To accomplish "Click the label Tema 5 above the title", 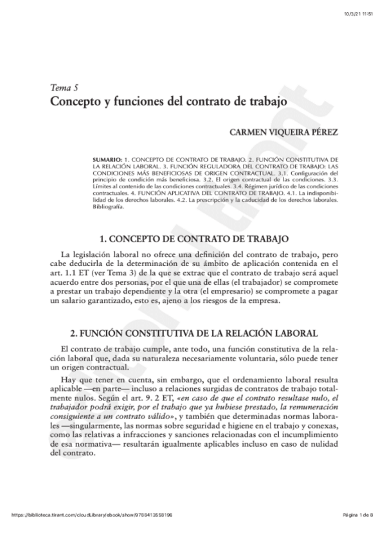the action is click(x=60, y=87).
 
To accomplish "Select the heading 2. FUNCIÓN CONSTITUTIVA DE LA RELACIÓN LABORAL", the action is click(x=193, y=333).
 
